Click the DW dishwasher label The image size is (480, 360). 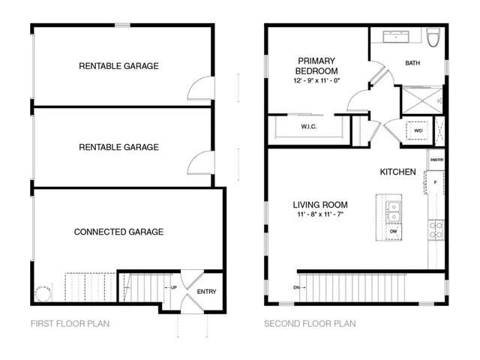(393, 232)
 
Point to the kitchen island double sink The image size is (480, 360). (393, 212)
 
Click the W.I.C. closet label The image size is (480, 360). (309, 127)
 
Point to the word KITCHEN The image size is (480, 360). (397, 172)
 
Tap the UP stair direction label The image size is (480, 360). (174, 287)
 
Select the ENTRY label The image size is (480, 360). (206, 291)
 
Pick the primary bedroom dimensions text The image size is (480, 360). (316, 80)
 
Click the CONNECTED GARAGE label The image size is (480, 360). (118, 232)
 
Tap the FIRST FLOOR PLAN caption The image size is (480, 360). (70, 324)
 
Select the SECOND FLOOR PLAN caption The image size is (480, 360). (310, 324)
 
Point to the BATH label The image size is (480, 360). (412, 63)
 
